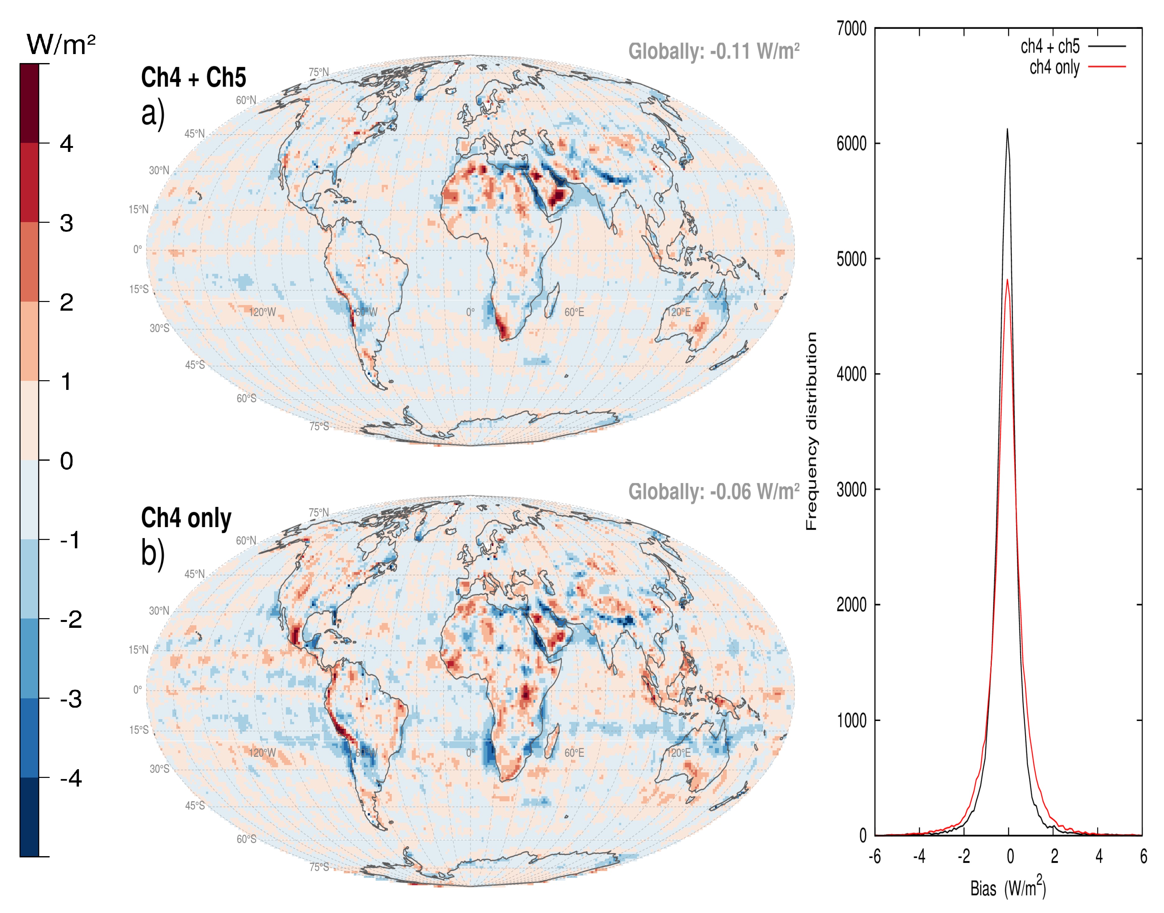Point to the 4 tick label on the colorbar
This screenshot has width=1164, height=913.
(66, 144)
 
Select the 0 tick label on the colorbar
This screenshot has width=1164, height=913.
(66, 461)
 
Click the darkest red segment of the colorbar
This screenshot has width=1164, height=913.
(30, 103)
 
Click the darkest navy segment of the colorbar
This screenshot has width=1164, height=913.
(30, 817)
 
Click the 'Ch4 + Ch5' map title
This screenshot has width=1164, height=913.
(194, 78)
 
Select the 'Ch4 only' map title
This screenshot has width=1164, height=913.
(186, 518)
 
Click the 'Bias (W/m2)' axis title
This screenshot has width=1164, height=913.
(1008, 887)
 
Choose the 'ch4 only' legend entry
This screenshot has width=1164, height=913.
(1054, 67)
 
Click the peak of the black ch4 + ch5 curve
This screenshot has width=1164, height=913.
(1007, 129)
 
